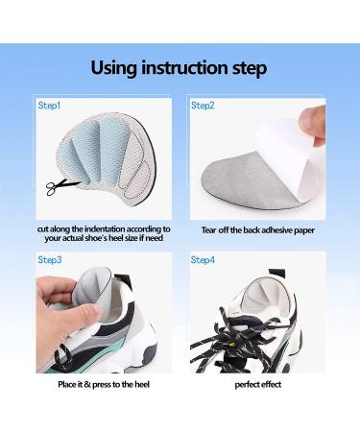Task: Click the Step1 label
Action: (49, 106)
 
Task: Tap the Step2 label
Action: (203, 106)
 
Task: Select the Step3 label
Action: (50, 259)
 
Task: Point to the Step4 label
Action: (203, 259)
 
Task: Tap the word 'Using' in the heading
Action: (114, 68)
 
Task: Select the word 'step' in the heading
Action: (250, 69)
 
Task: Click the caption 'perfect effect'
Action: (258, 384)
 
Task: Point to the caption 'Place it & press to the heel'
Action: (104, 384)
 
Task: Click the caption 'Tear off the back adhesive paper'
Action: (258, 230)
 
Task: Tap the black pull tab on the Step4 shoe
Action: (276, 274)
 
